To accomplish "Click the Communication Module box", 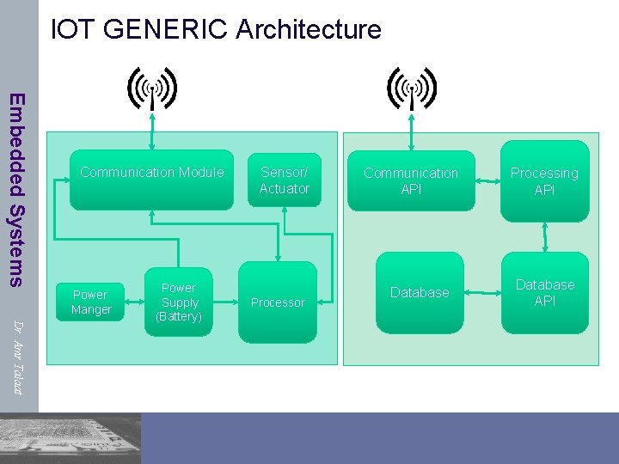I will [151, 180].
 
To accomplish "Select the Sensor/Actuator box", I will [284, 180].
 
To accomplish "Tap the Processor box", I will [277, 302].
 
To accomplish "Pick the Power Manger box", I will [91, 302].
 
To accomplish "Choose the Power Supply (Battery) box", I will [179, 302].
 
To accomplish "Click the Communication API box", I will [411, 180].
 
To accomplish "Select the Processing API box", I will [544, 180].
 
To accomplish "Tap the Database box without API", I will [420, 293].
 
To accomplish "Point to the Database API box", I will [545, 293].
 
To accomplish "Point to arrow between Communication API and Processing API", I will [488, 181].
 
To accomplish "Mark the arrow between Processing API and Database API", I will [545, 235].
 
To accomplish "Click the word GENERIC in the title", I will [165, 29].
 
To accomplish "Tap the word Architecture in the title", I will [308, 29].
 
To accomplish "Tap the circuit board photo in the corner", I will [70, 438].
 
